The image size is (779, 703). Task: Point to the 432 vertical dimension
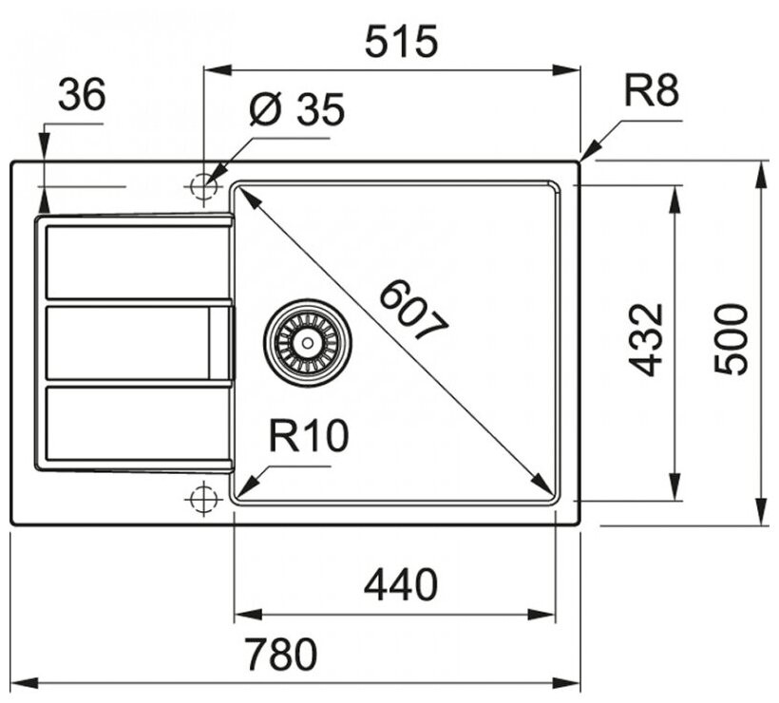[x=646, y=340]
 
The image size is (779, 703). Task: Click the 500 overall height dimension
[x=731, y=340]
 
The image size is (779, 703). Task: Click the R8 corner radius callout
[x=652, y=93]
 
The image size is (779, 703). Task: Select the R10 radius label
[x=308, y=436]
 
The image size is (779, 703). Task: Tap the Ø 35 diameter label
[x=295, y=111]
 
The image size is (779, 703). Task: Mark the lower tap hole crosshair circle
[x=202, y=497]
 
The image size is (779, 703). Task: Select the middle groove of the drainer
[x=128, y=342]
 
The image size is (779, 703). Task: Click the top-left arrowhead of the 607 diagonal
[x=246, y=194]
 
